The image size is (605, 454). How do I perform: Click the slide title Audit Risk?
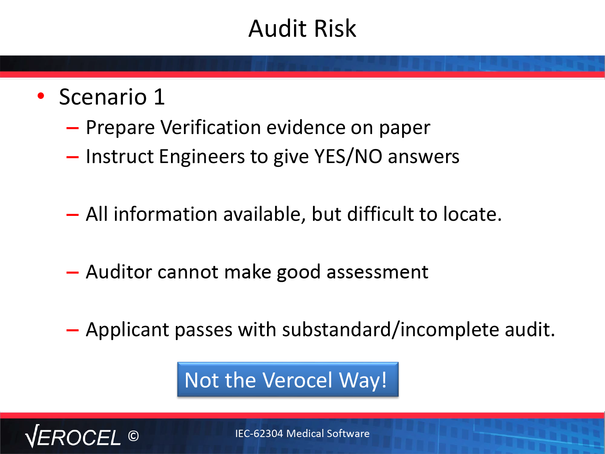tap(302, 28)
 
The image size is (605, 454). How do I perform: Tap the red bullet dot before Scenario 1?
tap(41, 96)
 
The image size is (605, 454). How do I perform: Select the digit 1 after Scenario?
tap(159, 97)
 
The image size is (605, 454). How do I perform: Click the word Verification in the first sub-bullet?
tap(211, 128)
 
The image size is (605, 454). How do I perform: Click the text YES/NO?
tap(348, 157)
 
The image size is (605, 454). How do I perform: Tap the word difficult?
tap(380, 214)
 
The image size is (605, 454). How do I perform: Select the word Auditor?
tap(119, 272)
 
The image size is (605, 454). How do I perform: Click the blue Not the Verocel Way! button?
tap(288, 379)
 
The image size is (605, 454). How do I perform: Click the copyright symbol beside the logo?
tap(134, 436)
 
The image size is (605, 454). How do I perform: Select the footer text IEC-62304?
tap(259, 433)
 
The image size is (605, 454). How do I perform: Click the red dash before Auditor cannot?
tap(73, 273)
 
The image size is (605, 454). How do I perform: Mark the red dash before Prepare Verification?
tap(73, 128)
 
